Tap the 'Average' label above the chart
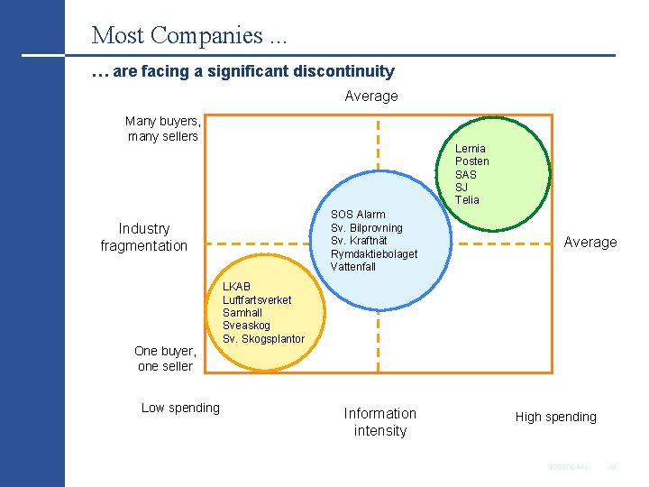point(370,96)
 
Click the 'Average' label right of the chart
point(590,242)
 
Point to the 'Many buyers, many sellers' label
point(163,128)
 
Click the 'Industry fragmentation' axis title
point(144,237)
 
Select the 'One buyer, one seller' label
point(165,358)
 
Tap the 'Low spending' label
point(180,408)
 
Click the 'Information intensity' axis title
point(380,421)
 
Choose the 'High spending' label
point(555,417)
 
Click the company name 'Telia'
point(467,199)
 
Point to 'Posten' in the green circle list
point(471,161)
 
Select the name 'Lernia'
point(470,148)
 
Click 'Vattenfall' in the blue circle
point(353,266)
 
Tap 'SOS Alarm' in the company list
point(358,215)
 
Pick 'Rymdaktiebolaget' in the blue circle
point(374,253)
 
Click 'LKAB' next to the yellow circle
point(236,287)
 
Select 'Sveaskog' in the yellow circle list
point(246,326)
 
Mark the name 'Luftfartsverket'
point(257,299)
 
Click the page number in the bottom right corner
point(611,467)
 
